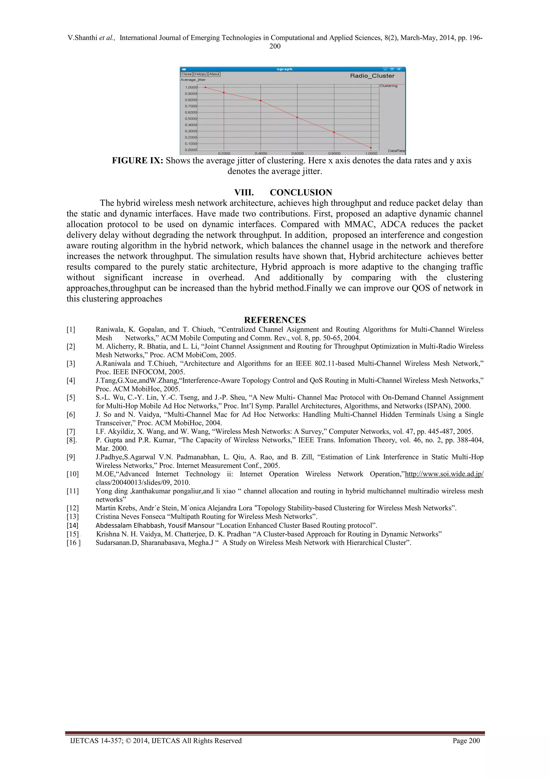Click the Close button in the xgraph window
click(186, 74)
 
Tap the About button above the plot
click(214, 74)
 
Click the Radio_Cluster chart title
click(372, 76)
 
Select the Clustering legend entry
click(388, 86)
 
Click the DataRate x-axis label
click(396, 150)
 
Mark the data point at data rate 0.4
click(260, 101)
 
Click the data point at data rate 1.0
click(371, 148)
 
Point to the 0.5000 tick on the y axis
click(191, 119)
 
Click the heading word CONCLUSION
click(301, 192)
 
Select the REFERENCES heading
click(275, 320)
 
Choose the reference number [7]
click(71, 432)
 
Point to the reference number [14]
click(73, 526)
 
